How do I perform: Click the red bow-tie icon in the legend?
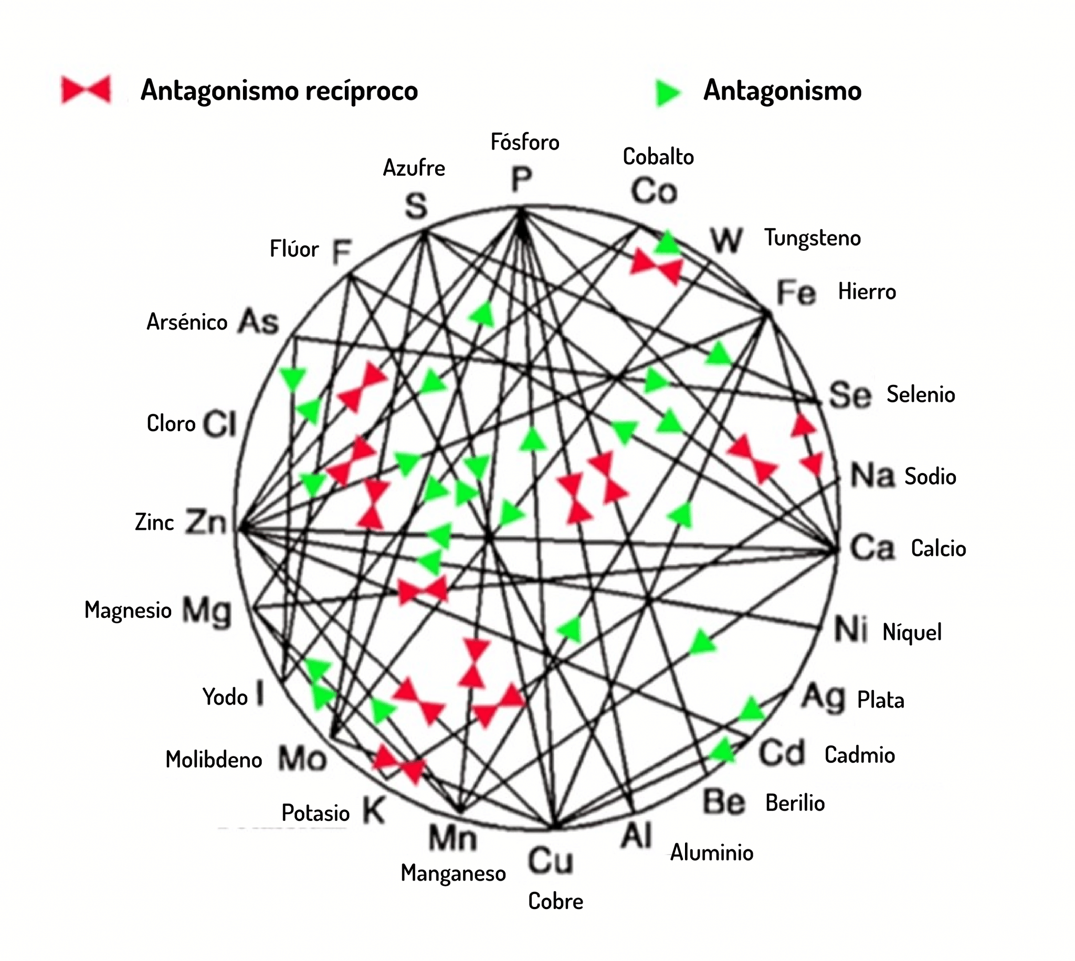pos(86,90)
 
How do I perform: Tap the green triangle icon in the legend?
pos(668,93)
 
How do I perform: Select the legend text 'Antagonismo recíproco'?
pos(279,90)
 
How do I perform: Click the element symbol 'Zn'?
pos(206,522)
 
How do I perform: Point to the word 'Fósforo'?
pos(524,142)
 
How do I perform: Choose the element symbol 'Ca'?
pos(872,548)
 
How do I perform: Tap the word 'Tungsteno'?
pos(813,238)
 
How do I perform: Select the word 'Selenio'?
pos(921,394)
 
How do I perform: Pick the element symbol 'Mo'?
pos(302,759)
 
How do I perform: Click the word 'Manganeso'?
pos(453,873)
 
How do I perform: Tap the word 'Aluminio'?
pos(712,853)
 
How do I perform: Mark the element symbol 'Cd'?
pos(782,753)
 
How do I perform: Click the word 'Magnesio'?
pos(128,610)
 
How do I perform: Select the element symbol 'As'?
pos(258,322)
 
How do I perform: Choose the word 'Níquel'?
pos(912,632)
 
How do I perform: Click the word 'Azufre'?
pos(414,168)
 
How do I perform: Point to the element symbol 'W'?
pos(727,240)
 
